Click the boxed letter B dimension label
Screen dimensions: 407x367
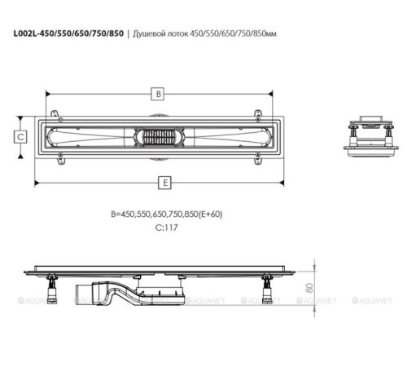159,94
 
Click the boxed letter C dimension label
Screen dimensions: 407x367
20,136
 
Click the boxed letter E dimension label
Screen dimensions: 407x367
165,183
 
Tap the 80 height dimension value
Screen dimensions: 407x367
309,288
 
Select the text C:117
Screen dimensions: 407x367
167,228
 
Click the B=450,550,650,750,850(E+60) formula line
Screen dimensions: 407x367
167,214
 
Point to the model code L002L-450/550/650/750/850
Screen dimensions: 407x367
68,33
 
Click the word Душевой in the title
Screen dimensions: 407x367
148,34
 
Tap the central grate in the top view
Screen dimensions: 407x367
159,137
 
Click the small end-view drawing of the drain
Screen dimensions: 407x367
371,136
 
